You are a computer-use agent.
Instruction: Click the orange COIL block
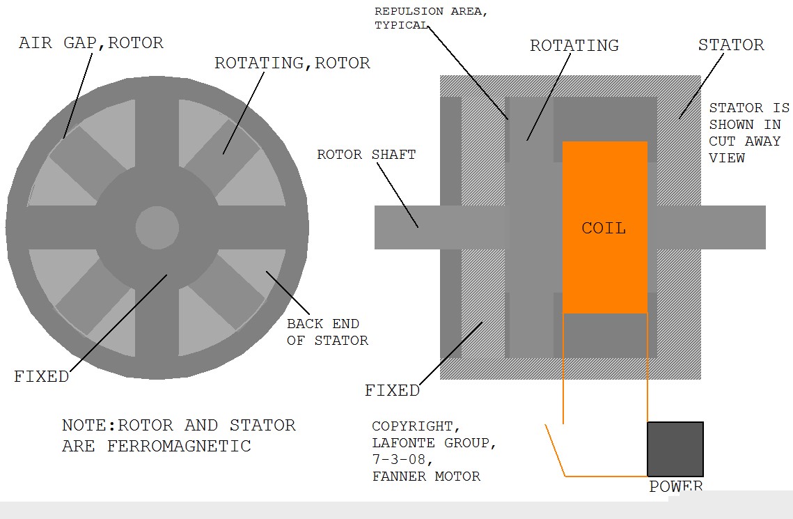click(604, 227)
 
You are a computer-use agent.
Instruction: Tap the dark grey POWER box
click(675, 449)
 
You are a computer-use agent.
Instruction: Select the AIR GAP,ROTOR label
click(91, 42)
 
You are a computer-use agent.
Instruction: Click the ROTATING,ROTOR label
click(292, 63)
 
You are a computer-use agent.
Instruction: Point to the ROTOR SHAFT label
click(366, 154)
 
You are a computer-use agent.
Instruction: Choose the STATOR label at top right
click(730, 45)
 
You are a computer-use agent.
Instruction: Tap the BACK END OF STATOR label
click(327, 332)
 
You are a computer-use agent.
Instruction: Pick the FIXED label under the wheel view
click(42, 377)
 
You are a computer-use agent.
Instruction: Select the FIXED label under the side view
click(392, 390)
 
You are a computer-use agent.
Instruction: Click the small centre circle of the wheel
click(157, 227)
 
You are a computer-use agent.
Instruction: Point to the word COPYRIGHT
click(416, 426)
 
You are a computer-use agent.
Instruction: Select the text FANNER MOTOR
click(426, 477)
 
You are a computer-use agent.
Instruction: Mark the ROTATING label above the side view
click(574, 46)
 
